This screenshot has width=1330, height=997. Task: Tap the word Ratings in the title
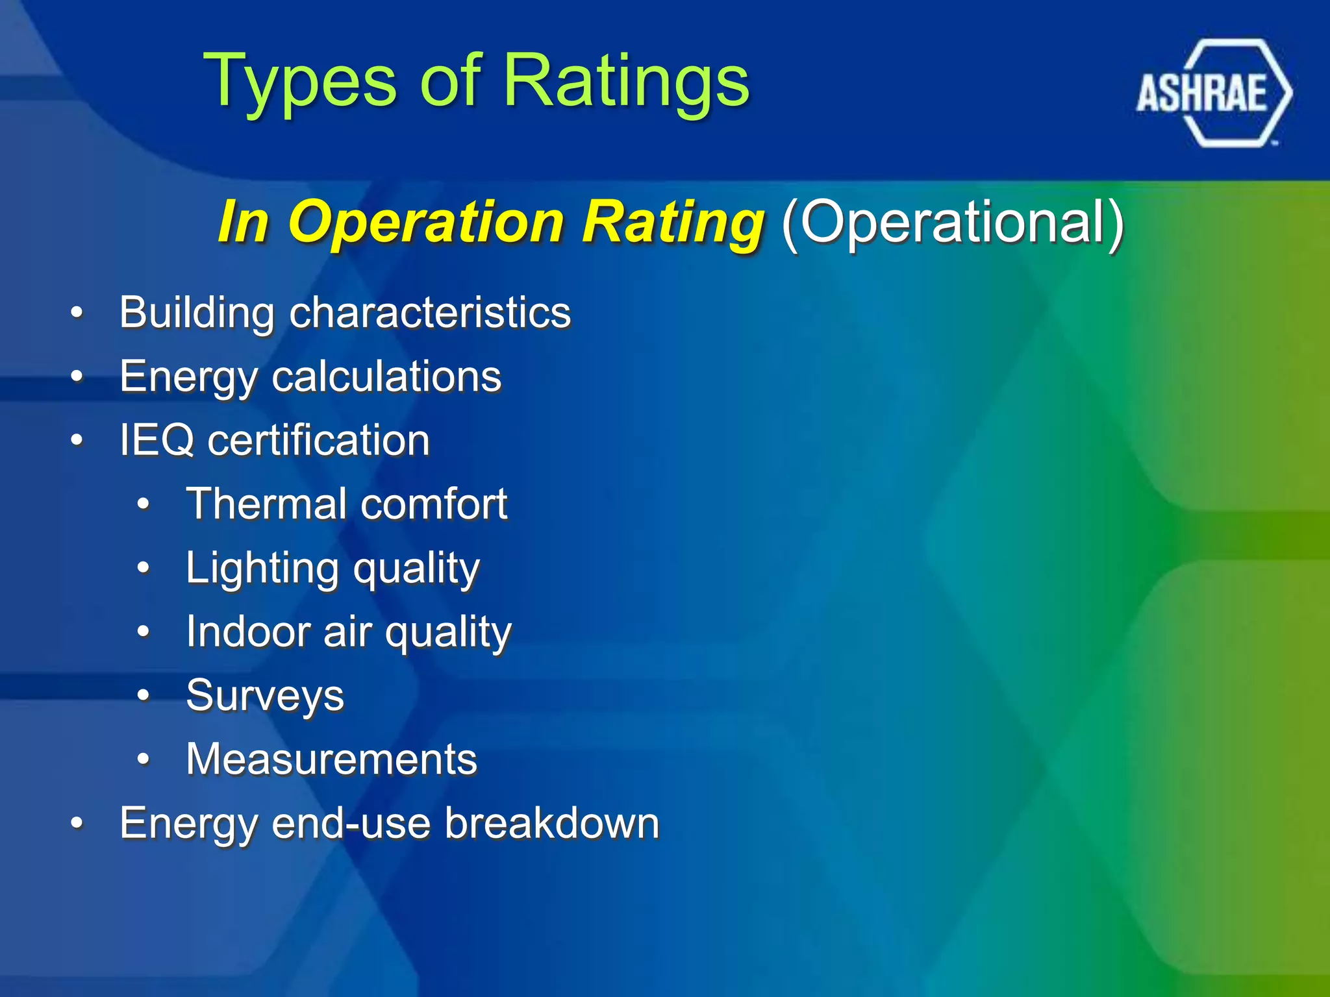626,81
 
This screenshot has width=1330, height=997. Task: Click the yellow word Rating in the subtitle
672,222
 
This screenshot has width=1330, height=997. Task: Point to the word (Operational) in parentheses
952,222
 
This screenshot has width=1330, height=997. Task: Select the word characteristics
430,313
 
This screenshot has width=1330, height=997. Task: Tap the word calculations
386,376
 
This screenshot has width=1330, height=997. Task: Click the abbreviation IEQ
157,440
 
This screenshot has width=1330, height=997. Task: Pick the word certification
318,440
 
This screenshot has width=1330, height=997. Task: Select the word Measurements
331,759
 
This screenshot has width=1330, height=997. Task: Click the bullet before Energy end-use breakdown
77,823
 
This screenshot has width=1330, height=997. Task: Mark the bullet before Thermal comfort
144,504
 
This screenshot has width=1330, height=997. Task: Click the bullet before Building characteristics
77,313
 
